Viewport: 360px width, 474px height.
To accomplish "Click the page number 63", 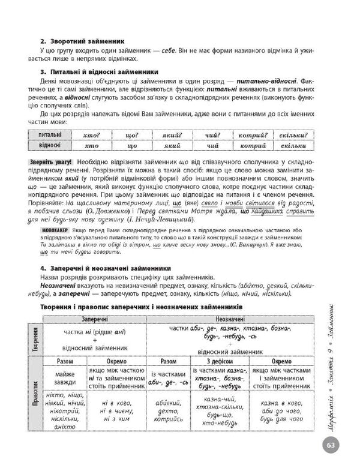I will click(332, 446).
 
